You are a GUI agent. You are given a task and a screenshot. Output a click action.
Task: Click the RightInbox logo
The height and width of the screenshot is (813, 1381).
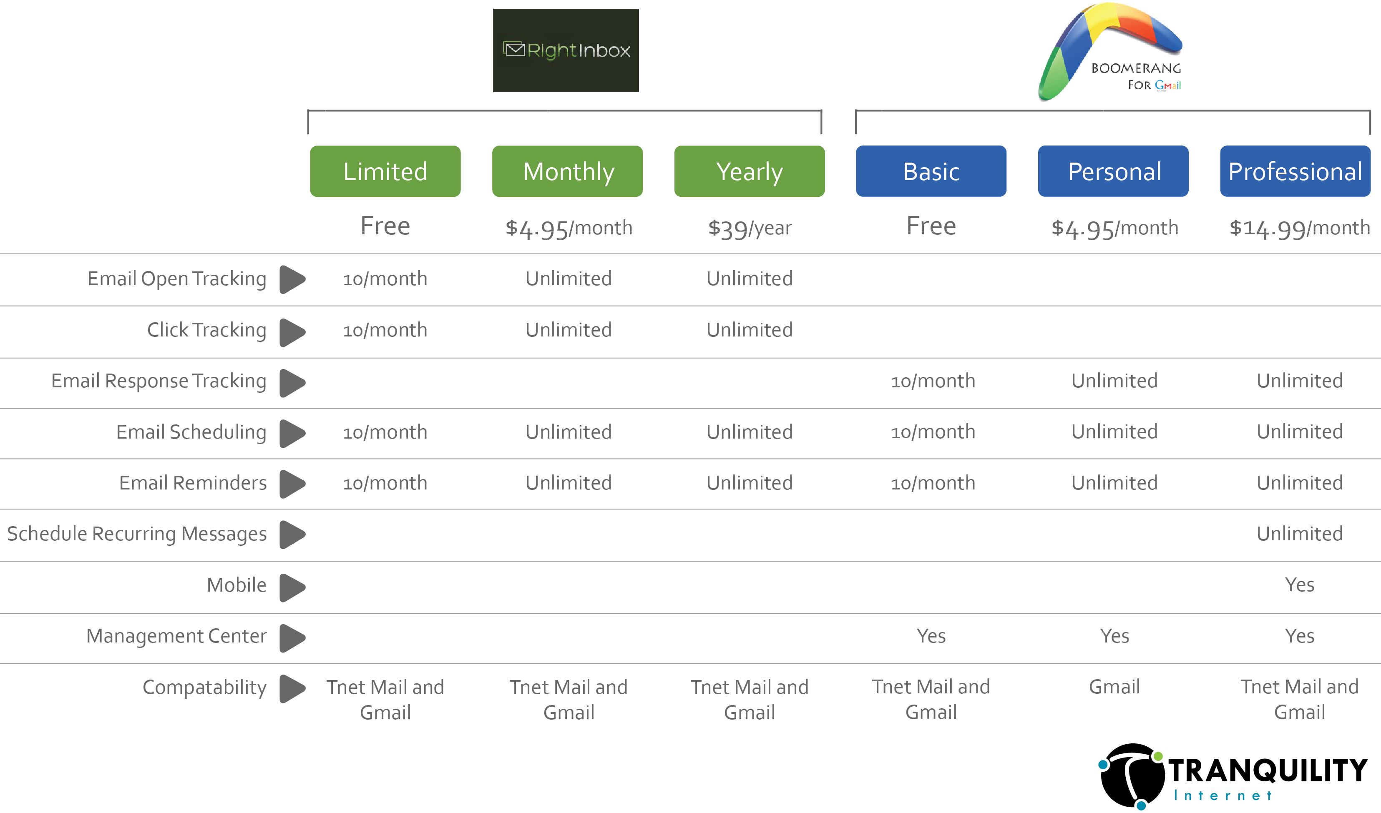pyautogui.click(x=566, y=50)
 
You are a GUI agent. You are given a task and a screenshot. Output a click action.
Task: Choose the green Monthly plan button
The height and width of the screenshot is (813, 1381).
pyautogui.click(x=568, y=171)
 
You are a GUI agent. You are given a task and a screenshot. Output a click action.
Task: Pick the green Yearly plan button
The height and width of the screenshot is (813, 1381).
pyautogui.click(x=749, y=171)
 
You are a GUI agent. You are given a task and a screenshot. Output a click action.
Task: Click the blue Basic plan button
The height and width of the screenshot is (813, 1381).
pyautogui.click(x=931, y=171)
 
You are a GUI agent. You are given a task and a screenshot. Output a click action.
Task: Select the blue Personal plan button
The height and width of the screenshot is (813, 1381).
pyautogui.click(x=1114, y=171)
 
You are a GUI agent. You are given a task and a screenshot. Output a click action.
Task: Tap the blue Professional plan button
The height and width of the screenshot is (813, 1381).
pyautogui.click(x=1295, y=171)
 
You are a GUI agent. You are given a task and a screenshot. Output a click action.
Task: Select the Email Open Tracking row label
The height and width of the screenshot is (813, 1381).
pyautogui.click(x=176, y=279)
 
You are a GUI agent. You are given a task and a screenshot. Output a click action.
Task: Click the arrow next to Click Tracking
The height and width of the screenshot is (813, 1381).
pyautogui.click(x=292, y=331)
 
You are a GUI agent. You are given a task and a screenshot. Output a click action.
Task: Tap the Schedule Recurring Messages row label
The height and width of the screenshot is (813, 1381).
pyautogui.click(x=136, y=534)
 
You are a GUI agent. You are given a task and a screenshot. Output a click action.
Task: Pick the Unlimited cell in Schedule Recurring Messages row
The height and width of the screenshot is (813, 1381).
pyautogui.click(x=1299, y=534)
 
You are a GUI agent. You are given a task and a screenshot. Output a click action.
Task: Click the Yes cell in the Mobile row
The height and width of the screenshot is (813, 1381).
pyautogui.click(x=1299, y=585)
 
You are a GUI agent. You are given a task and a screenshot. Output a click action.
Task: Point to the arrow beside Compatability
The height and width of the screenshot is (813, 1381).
pyautogui.click(x=292, y=688)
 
